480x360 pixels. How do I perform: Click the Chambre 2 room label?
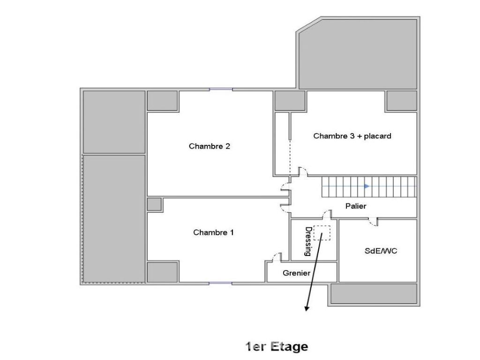(210, 146)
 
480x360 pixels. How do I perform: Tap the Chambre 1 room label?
(213, 232)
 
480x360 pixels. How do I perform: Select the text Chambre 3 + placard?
(352, 136)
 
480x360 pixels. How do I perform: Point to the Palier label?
(356, 206)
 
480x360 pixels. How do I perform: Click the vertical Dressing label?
(308, 241)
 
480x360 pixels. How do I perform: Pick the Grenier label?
(296, 273)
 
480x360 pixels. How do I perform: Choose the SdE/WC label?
(381, 251)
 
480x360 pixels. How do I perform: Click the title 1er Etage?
(277, 347)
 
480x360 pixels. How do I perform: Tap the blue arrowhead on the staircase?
(367, 186)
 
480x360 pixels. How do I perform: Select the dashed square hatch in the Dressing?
(322, 233)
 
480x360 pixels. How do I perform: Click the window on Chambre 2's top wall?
(221, 90)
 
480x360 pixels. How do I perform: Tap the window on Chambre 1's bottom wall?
(220, 284)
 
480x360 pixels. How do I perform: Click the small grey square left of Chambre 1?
(154, 204)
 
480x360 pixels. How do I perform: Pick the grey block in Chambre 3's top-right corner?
(402, 101)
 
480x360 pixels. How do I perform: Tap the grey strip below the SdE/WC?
(374, 294)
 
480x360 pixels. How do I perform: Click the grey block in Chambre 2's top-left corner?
(163, 101)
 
